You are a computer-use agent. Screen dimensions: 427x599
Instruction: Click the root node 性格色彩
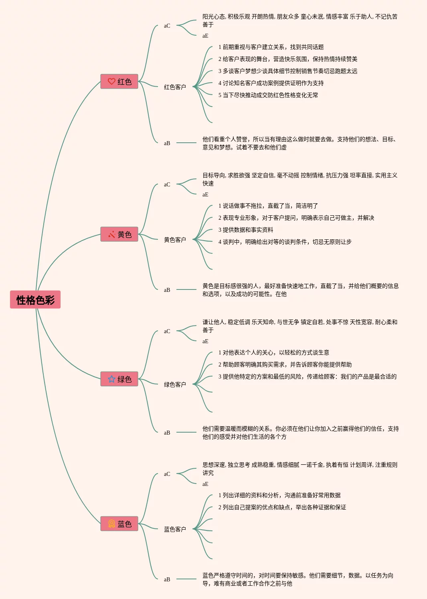pos(35,299)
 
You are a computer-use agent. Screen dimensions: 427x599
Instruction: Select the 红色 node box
pos(119,81)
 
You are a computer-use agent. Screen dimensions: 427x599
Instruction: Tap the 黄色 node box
pos(119,234)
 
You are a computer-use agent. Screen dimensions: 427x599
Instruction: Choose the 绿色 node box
pos(119,379)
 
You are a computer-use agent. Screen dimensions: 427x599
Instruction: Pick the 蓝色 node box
pos(119,524)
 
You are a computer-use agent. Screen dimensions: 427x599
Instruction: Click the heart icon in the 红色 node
pos(111,81)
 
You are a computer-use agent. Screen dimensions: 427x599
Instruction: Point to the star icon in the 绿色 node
pos(111,379)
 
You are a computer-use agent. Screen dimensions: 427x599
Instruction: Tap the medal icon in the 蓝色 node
pos(111,524)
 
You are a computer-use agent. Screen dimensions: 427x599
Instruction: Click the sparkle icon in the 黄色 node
pos(111,234)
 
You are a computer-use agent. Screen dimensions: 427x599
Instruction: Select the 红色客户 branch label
pos(175,87)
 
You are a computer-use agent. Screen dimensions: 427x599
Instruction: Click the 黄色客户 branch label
pos(175,240)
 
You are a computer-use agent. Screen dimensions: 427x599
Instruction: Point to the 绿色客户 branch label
pos(175,384)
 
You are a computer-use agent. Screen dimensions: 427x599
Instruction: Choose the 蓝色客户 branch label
pos(175,529)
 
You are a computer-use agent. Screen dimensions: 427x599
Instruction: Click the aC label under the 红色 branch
pos(167,26)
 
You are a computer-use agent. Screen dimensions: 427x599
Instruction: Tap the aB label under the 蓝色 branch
pos(167,579)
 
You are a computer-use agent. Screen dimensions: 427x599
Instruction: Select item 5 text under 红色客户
pos(268,95)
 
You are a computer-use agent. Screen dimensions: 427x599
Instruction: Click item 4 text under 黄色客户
pos(285,242)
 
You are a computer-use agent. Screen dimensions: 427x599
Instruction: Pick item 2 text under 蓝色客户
pos(282,507)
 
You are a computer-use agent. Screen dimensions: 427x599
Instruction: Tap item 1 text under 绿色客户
pos(274,352)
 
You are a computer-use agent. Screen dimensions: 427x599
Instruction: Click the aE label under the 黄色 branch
pos(205,195)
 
